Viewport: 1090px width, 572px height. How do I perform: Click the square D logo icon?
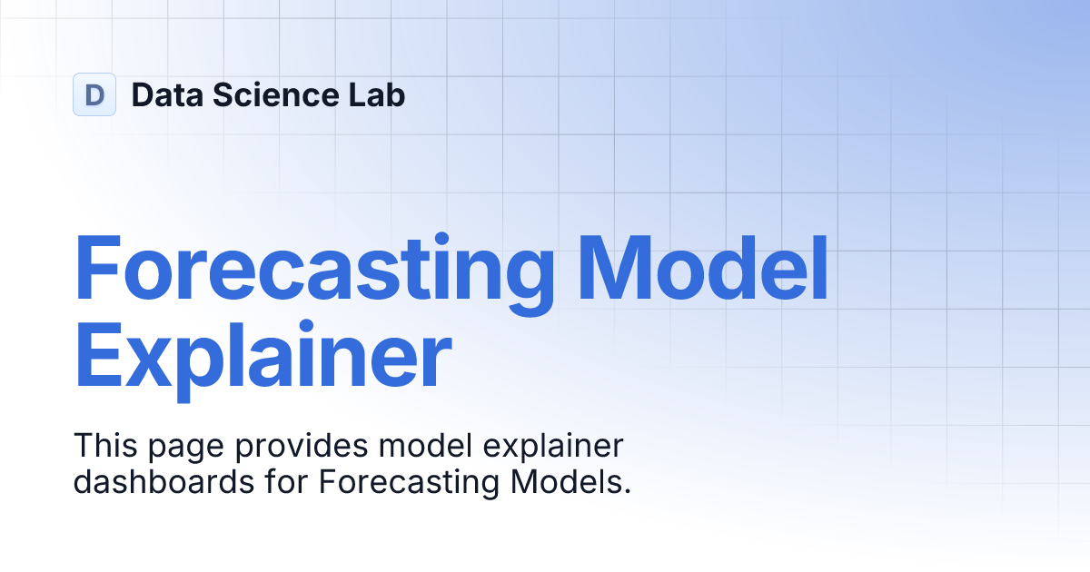pos(94,94)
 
